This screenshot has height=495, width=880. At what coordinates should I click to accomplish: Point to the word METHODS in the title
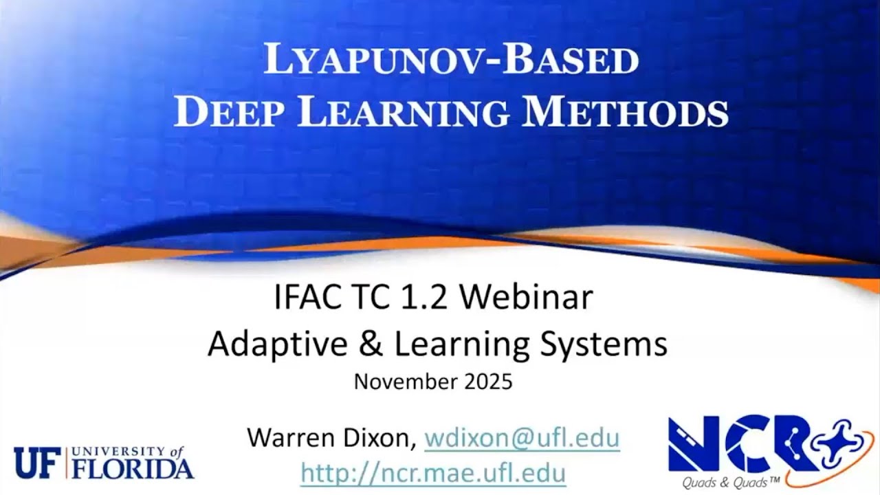pos(624,113)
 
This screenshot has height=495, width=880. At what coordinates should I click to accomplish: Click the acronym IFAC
pos(306,299)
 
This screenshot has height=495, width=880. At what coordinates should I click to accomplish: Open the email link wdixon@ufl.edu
pos(522,438)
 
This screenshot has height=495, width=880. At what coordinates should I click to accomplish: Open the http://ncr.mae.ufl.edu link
pos(433,473)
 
